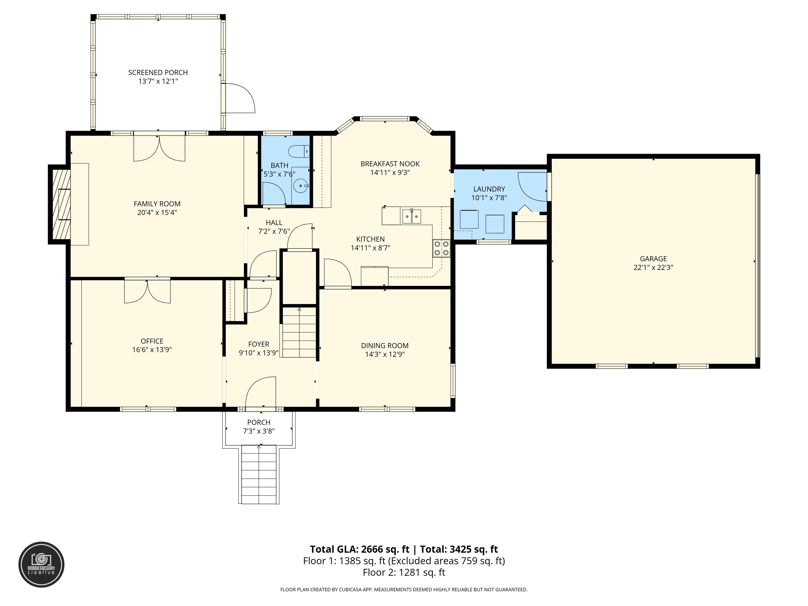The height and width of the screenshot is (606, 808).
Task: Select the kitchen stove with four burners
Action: pyautogui.click(x=442, y=248)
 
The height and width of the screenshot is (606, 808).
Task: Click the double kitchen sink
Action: pyautogui.click(x=412, y=216)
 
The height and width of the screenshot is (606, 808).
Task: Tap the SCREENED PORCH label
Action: pyautogui.click(x=158, y=72)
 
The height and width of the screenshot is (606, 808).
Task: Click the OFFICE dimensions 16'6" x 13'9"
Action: pyautogui.click(x=152, y=350)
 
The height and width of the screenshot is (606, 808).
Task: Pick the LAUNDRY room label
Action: pyautogui.click(x=489, y=189)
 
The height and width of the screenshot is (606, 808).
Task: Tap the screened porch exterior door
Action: pyautogui.click(x=240, y=98)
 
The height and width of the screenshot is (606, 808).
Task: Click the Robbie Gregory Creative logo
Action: pyautogui.click(x=41, y=564)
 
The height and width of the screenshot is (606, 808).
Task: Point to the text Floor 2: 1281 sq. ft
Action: pyautogui.click(x=404, y=572)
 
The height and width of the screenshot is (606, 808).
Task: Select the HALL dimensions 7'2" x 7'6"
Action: pyautogui.click(x=274, y=231)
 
